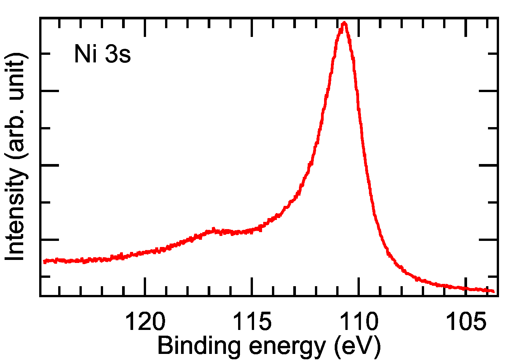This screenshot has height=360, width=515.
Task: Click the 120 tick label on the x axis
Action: click(145, 322)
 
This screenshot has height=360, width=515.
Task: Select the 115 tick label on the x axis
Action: click(252, 322)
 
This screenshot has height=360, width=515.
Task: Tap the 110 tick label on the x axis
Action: click(359, 322)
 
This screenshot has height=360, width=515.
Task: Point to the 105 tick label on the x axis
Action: click(466, 322)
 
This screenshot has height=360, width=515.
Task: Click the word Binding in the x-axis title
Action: click(198, 346)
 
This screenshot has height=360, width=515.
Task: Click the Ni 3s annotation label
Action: click(102, 54)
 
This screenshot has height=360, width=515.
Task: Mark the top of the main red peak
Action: click(344, 23)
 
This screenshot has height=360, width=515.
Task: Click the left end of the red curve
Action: click(45, 261)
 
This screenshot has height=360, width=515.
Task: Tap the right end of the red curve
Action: click(493, 291)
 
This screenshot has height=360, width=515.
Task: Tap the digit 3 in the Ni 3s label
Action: click(111, 54)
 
